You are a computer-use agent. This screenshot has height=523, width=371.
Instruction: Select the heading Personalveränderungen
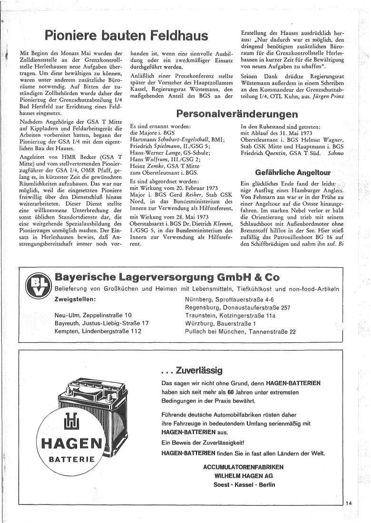[x=233, y=113]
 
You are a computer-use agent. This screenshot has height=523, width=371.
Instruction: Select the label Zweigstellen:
[x=76, y=300]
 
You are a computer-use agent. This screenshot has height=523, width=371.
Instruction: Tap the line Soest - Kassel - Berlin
[x=244, y=484]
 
